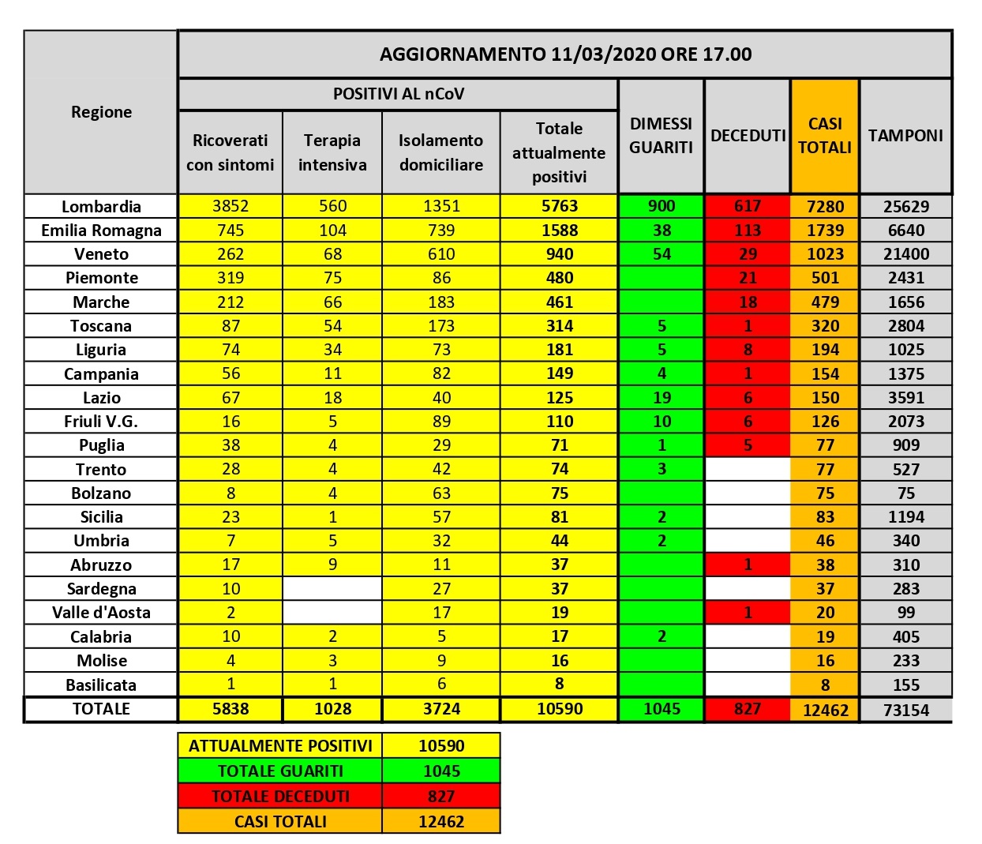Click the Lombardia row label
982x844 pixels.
[x=101, y=207]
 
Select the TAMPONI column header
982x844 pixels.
[x=905, y=136]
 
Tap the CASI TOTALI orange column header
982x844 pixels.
[x=825, y=136]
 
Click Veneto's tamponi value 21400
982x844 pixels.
[x=905, y=254]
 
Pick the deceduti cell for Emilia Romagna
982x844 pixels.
[x=747, y=231]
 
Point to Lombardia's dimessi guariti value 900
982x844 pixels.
[x=662, y=206]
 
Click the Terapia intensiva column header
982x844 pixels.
[x=332, y=152]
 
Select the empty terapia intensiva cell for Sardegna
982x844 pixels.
[x=332, y=589]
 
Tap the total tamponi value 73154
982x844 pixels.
[x=905, y=710]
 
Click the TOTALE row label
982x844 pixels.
[x=101, y=709]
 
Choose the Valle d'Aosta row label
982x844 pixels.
[x=101, y=613]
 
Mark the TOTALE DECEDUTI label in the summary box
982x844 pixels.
[x=280, y=796]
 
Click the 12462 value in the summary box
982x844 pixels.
[x=441, y=821]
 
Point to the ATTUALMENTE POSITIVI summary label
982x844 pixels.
[x=280, y=745]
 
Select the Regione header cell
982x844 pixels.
[x=101, y=112]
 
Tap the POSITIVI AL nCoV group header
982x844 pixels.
[x=399, y=94]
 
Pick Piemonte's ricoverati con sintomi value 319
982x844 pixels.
[x=231, y=278]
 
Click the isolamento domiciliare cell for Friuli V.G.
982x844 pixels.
[x=441, y=422]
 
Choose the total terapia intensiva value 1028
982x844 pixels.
[x=332, y=709]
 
